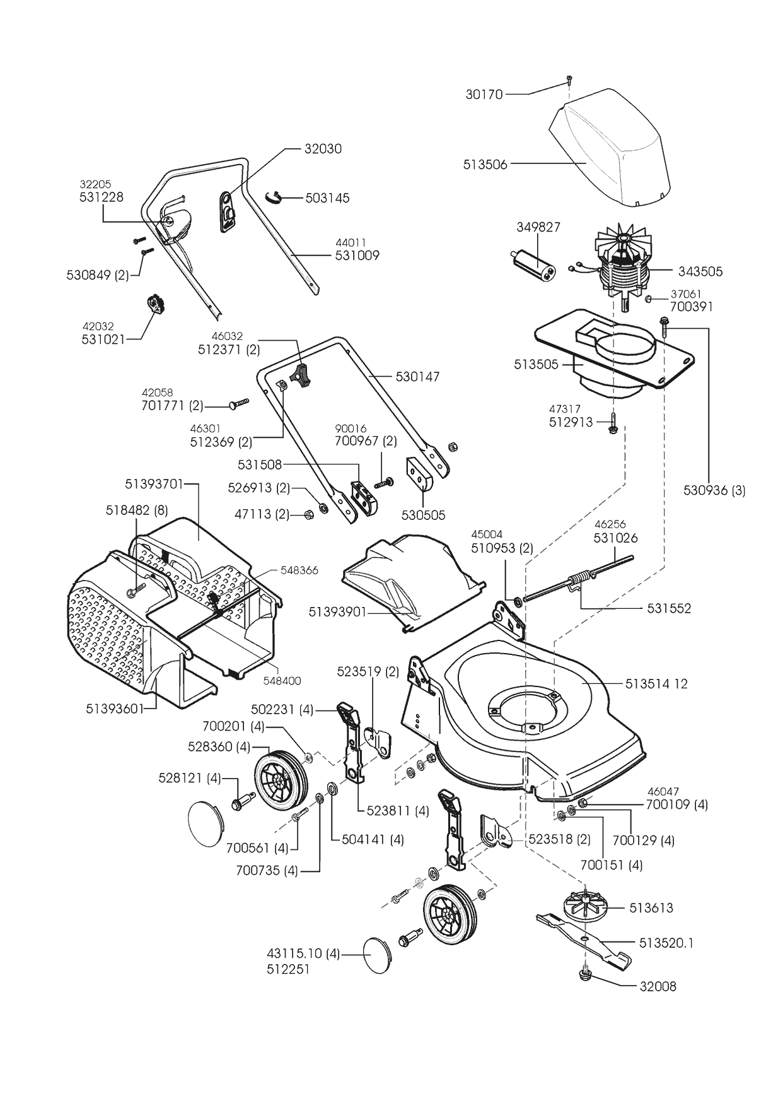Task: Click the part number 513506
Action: point(485,165)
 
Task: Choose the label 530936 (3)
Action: point(714,490)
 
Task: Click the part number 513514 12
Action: point(656,684)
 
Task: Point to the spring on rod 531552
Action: point(581,579)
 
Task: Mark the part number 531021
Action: point(103,339)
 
